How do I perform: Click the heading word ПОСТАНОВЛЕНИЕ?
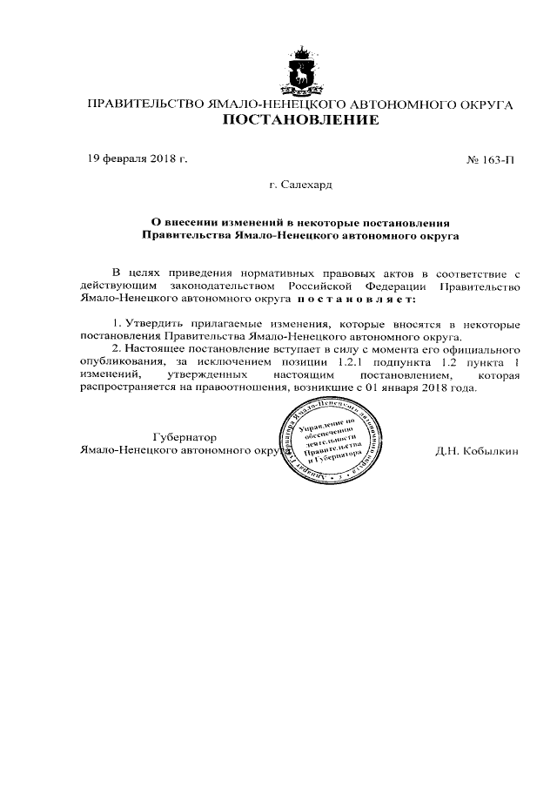[x=301, y=120]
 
